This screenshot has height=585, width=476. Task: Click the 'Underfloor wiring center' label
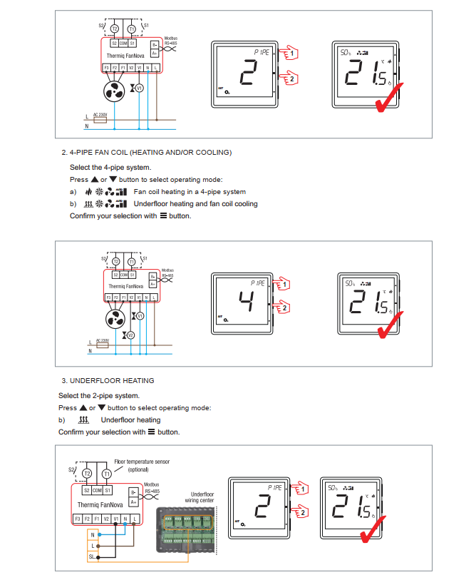[x=202, y=497]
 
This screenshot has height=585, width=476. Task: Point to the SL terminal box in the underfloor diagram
[x=92, y=556]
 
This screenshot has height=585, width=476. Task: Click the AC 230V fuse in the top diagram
[x=100, y=120]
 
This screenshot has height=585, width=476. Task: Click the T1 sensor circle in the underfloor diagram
[x=107, y=474]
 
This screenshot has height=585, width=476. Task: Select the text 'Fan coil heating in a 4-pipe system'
[x=190, y=192]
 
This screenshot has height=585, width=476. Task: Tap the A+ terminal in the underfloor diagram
[x=133, y=502]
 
